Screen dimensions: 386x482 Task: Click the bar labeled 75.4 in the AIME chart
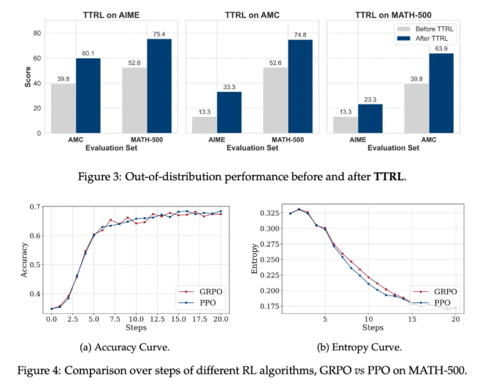tap(158, 86)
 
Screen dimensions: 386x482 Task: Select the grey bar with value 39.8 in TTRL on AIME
tap(64, 108)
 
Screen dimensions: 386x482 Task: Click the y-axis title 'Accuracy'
tap(27, 258)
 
